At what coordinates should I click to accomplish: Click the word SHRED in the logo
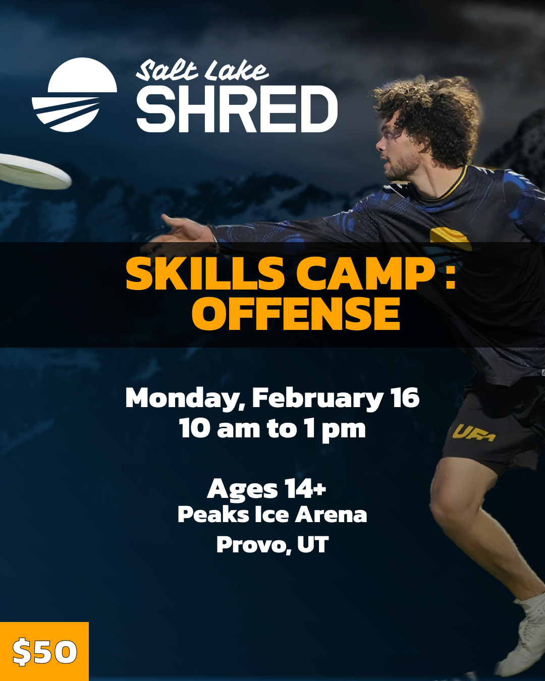[237, 109]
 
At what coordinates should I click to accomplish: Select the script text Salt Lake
[202, 71]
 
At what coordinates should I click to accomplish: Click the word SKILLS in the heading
[205, 274]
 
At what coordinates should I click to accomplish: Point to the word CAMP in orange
[365, 274]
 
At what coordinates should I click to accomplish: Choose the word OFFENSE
[296, 314]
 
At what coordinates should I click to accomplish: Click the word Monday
[185, 399]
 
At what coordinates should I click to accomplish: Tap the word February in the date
[318, 399]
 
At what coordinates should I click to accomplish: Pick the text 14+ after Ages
[305, 488]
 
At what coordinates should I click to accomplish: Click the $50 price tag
[44, 652]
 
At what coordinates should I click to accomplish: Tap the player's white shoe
[525, 636]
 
